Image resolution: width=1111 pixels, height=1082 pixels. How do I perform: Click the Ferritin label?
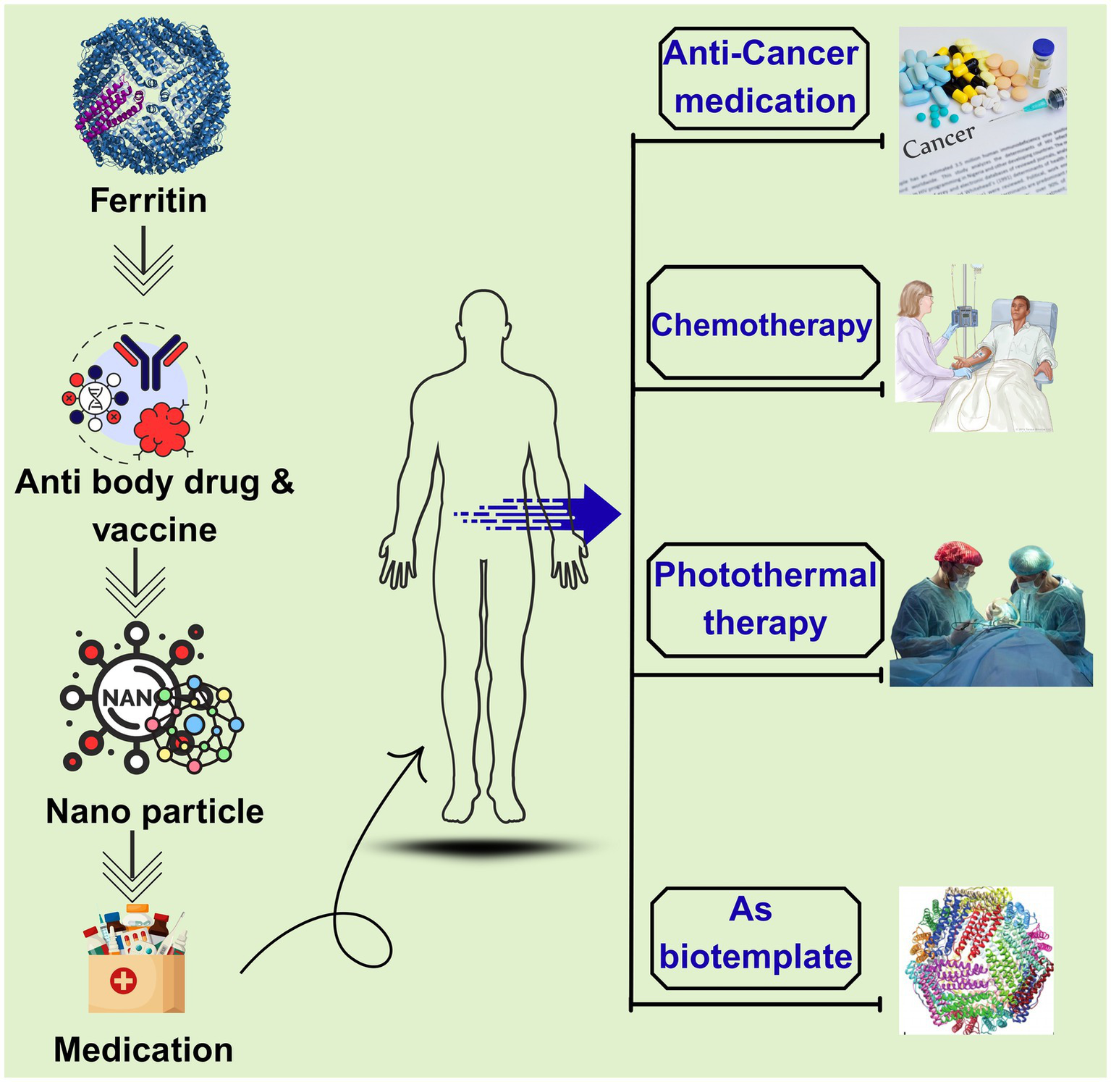148,201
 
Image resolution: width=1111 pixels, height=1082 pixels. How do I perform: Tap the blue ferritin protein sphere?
151,97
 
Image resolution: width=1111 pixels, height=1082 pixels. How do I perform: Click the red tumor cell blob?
162,429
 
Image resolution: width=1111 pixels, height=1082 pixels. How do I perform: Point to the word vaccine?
155,530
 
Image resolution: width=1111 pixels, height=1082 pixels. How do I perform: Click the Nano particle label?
154,811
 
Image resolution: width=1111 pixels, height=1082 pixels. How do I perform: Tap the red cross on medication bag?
123,981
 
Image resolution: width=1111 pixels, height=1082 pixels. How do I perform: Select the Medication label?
143,1049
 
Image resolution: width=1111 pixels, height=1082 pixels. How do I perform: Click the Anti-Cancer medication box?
764,77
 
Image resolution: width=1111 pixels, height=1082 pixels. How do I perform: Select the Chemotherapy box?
763,324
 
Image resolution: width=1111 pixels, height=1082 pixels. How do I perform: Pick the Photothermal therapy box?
765,600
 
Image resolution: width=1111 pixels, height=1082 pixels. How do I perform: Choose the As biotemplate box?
756,938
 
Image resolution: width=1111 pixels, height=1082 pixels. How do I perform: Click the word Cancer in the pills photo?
939,141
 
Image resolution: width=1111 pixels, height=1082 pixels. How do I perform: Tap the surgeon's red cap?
958,554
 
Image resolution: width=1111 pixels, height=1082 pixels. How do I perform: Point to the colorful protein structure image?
976,960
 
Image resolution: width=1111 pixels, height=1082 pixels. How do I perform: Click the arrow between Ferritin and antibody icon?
143,261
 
